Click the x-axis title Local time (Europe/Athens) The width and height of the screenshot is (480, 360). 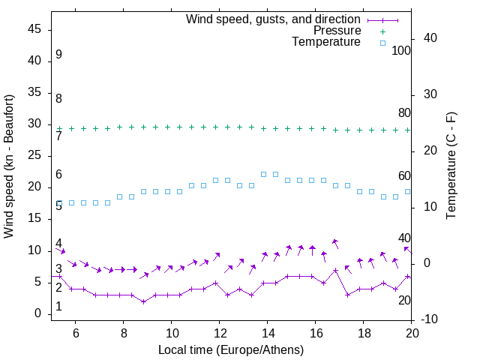[231, 349]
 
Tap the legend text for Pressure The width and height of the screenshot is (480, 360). [337, 31]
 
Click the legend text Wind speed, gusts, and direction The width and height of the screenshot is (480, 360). [274, 19]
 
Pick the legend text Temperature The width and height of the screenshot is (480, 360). [326, 42]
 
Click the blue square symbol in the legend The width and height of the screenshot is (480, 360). [382, 43]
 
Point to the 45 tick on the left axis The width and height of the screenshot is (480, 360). [35, 29]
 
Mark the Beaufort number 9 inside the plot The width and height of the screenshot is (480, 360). [58, 55]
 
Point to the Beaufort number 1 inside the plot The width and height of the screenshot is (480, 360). [58, 307]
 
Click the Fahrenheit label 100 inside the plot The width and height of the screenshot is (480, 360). [401, 50]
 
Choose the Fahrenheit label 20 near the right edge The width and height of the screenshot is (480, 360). [404, 300]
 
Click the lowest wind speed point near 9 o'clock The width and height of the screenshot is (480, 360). [143, 301]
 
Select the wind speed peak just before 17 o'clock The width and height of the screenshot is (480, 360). [335, 270]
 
